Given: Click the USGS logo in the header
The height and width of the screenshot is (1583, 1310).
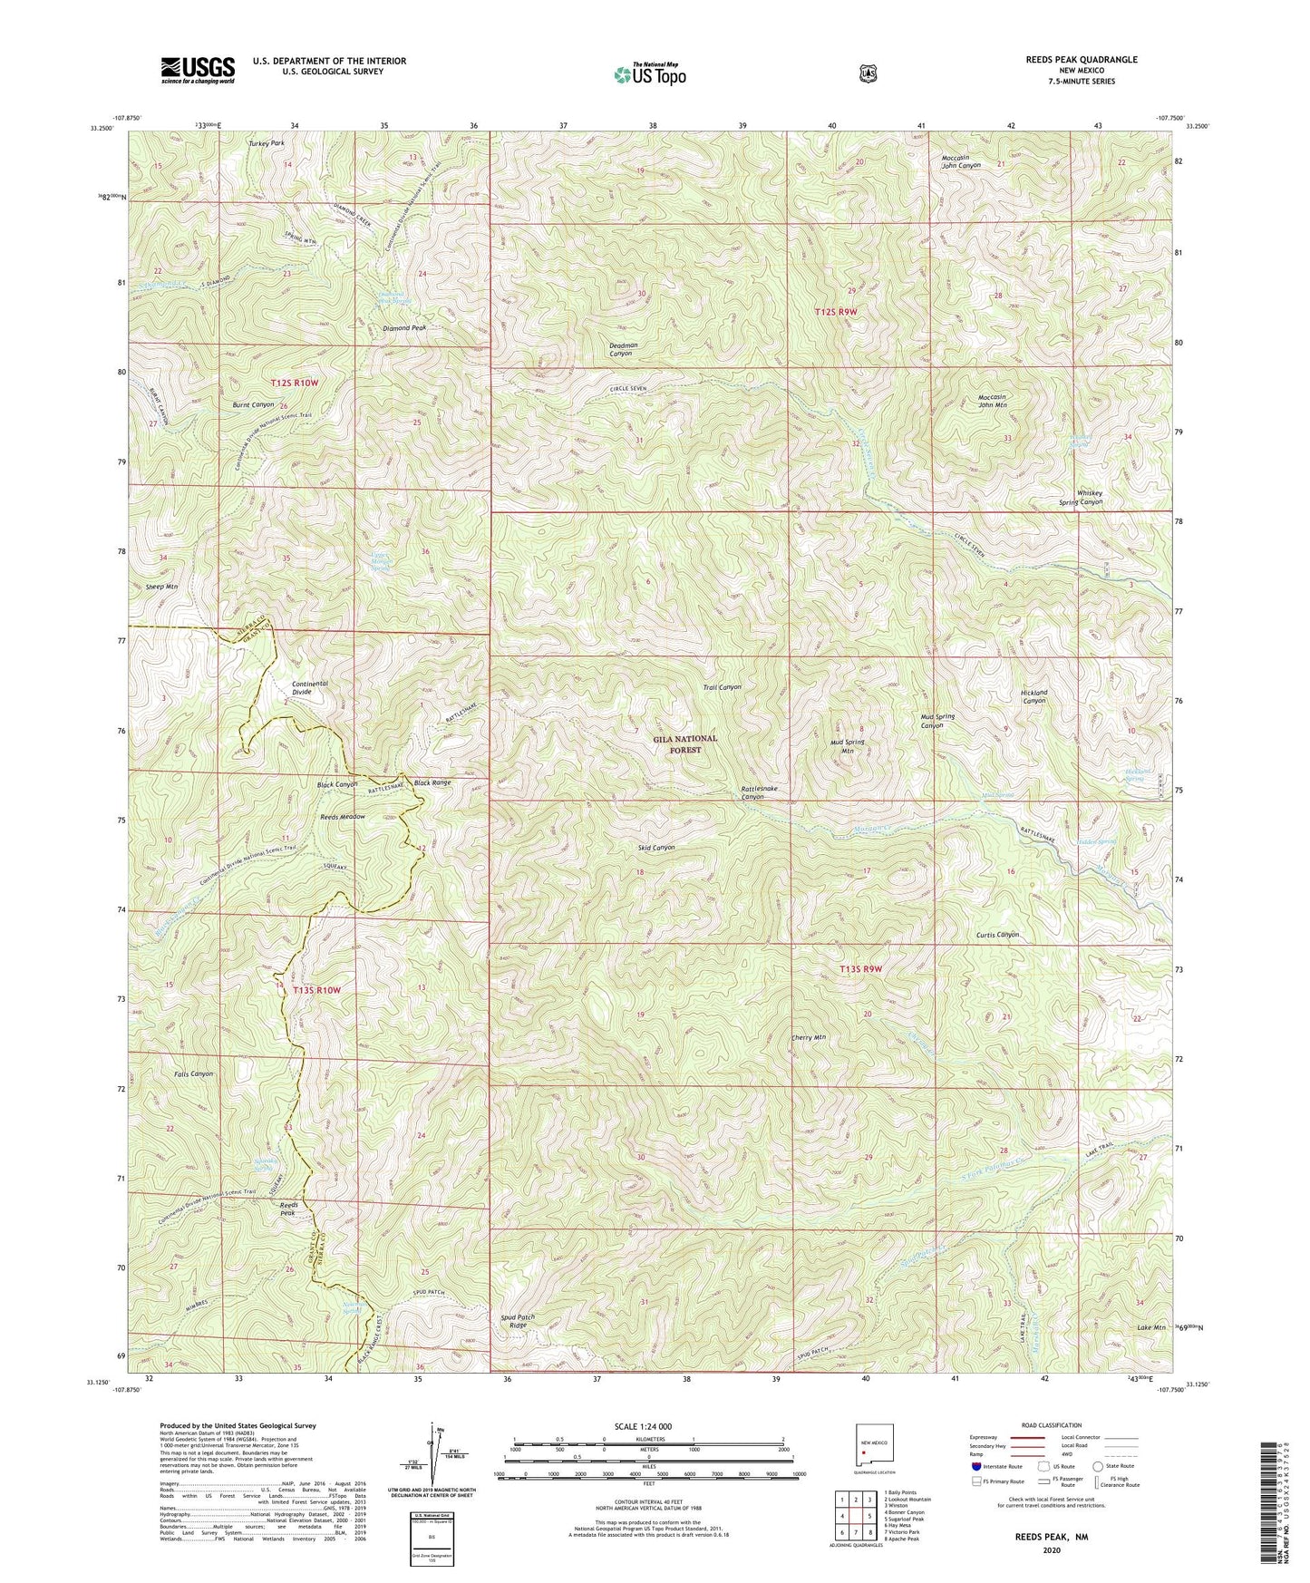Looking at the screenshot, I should [198, 70].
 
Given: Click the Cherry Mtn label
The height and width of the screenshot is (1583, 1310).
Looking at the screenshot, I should [810, 1037].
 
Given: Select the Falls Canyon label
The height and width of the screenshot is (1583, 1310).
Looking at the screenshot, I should [194, 1073].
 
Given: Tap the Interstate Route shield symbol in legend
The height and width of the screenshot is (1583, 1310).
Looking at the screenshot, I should [975, 1466].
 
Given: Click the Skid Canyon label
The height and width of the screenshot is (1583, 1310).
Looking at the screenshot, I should [655, 848].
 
